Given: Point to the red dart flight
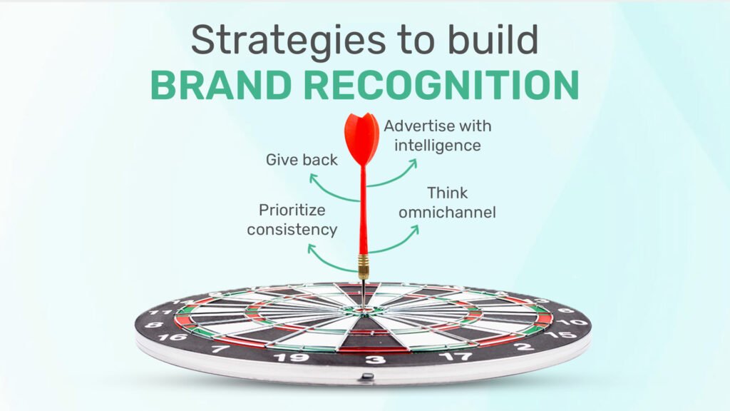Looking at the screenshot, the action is coord(361,138).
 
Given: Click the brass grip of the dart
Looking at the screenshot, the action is coord(363,267).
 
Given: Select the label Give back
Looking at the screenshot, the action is coord(302,160).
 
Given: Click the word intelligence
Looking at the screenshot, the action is coord(438,146).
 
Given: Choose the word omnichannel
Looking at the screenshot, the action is coord(447,213).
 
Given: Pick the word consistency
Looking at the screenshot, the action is coord(292,230).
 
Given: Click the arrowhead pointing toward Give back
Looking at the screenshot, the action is coord(314,178).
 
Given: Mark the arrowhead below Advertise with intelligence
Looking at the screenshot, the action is coord(412,163).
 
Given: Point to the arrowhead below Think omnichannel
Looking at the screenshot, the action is coord(413,230).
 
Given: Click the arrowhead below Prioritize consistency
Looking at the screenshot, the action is coord(312,249).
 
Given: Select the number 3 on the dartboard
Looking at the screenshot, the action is coord(375,360).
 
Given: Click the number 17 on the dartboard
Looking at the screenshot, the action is coord(456,357).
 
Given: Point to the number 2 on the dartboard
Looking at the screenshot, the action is coord(524,346).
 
